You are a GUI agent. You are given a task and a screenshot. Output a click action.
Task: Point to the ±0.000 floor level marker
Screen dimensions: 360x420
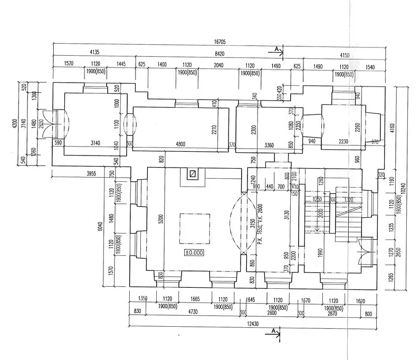click(194, 252)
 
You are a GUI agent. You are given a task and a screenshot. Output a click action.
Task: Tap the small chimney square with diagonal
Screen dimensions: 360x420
click(193, 173)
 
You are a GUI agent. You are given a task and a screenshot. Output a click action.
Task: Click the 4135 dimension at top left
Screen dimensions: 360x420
click(95, 52)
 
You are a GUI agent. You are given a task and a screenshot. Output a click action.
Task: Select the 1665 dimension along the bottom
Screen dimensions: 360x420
click(195, 299)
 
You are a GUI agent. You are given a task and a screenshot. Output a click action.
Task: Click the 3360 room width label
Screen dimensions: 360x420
click(269, 144)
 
